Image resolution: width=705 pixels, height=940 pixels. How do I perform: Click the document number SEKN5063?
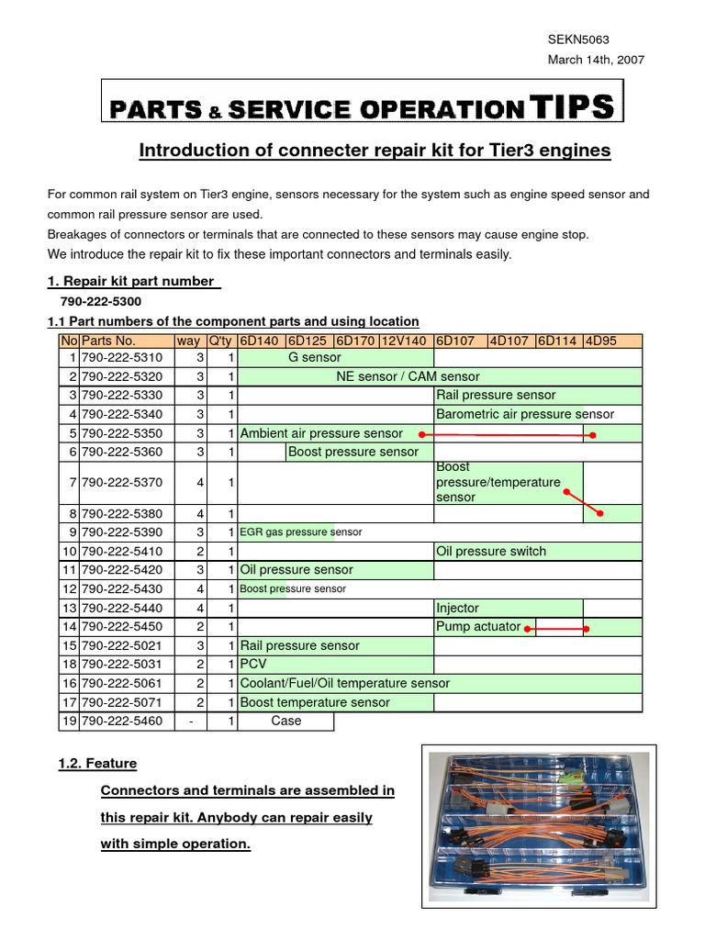(x=578, y=39)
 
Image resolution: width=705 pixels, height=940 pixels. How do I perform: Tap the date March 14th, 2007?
(x=596, y=60)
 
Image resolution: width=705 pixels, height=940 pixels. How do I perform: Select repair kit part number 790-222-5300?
(x=102, y=301)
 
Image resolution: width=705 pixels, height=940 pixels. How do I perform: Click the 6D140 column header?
(x=260, y=341)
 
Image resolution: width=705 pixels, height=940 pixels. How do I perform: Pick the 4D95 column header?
(x=601, y=341)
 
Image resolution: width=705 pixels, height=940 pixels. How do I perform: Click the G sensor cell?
(x=314, y=357)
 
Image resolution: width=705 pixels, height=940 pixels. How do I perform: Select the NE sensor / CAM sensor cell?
(x=408, y=376)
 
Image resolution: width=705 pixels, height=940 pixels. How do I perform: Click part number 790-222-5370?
(x=121, y=482)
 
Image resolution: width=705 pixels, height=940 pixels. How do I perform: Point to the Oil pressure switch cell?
(x=491, y=551)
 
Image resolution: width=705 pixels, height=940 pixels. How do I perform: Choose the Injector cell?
(x=457, y=608)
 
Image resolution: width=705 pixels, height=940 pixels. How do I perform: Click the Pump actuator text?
(x=478, y=627)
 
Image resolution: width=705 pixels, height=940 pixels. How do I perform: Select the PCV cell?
(x=252, y=664)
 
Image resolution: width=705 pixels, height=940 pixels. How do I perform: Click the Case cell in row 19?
(x=285, y=721)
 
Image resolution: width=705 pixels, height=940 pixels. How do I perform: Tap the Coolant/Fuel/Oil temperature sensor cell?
(x=344, y=683)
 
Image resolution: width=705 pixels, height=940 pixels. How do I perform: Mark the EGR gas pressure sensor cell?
(x=301, y=532)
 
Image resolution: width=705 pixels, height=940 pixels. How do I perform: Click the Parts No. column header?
(x=108, y=341)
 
